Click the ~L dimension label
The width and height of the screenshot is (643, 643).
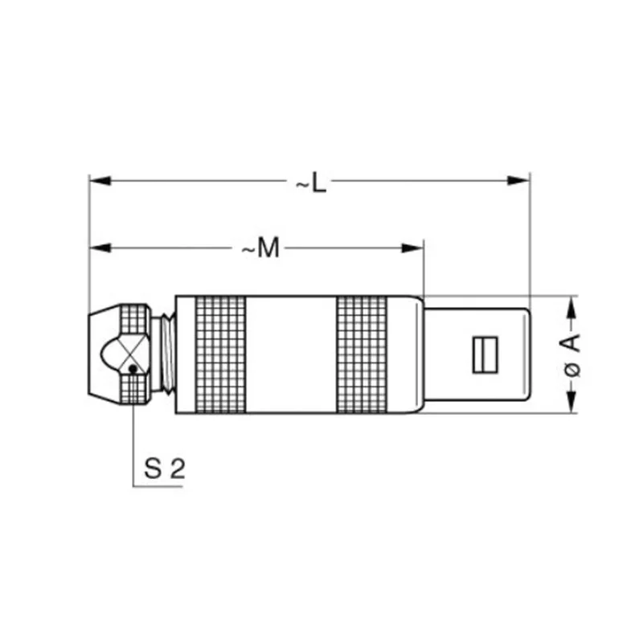click(311, 182)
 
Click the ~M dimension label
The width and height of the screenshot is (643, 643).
click(260, 248)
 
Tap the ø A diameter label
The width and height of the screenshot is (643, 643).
click(572, 355)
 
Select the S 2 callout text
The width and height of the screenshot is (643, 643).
click(165, 469)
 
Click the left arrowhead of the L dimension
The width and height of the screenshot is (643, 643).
click(100, 180)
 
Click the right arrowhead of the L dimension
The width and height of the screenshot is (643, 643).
click(518, 180)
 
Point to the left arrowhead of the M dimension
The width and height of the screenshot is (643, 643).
click(100, 248)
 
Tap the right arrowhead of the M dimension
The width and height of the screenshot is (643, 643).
click(412, 248)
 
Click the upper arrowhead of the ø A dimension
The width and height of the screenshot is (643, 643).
click(571, 306)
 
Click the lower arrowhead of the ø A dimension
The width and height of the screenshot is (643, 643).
click(571, 402)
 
